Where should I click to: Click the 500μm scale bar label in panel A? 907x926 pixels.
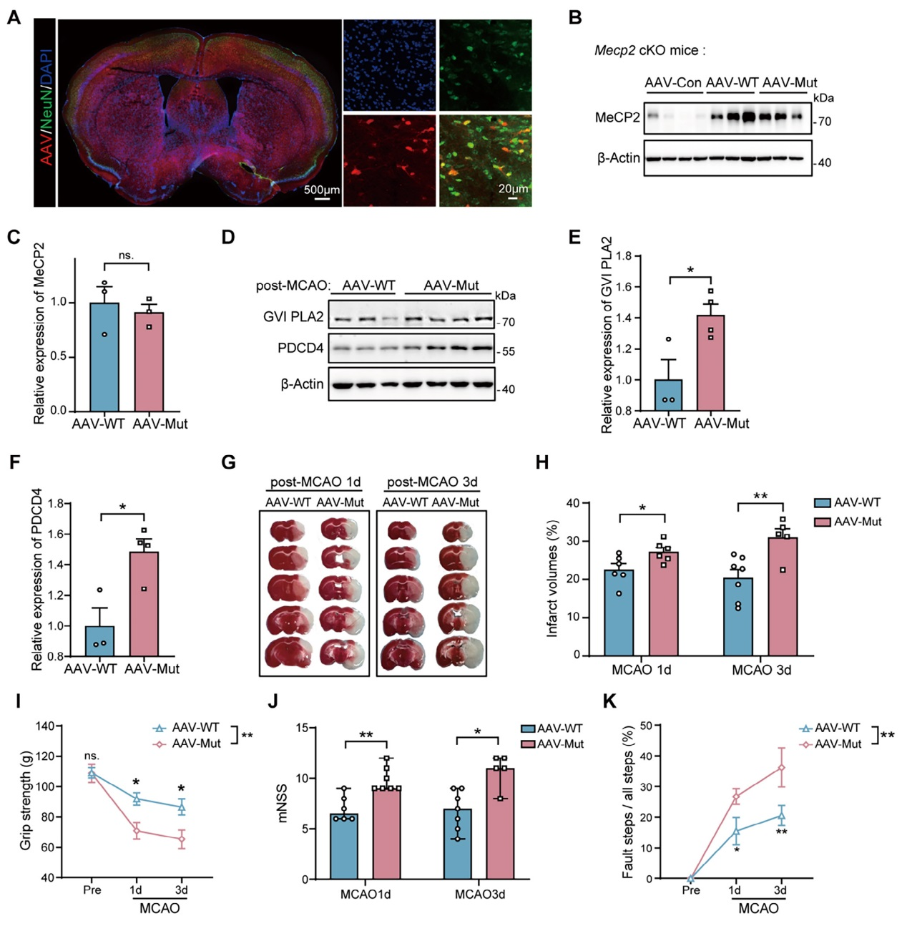coord(321,190)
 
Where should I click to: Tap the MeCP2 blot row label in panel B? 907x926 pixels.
coord(617,117)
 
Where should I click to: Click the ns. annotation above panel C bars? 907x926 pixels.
coord(126,255)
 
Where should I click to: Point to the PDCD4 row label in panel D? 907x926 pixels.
coord(300,349)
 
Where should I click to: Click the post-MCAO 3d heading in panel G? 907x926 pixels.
coord(432,482)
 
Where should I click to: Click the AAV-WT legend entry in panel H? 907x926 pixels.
coord(848,503)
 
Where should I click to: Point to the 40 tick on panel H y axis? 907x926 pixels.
coord(572,503)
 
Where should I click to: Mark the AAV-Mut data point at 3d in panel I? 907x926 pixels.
coord(182,839)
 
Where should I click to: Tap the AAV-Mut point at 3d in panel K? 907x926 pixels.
coord(782,768)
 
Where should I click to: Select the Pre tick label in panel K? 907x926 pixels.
coord(691,891)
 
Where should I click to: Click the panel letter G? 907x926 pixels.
coord(229,462)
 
